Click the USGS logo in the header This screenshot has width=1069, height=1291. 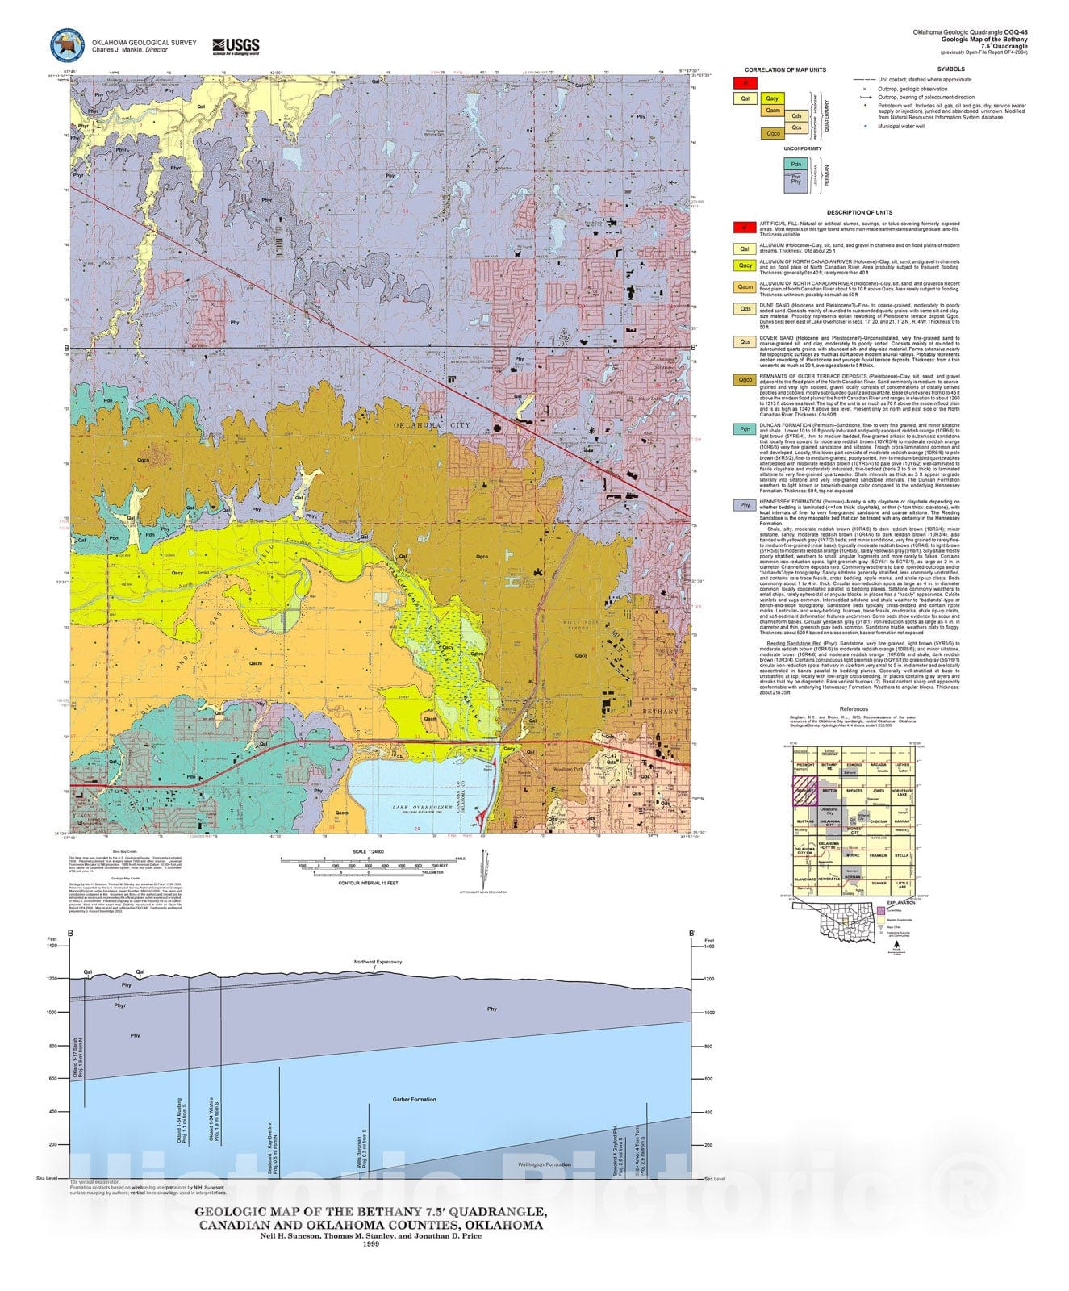pyautogui.click(x=235, y=46)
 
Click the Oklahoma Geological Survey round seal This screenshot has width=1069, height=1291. pyautogui.click(x=67, y=46)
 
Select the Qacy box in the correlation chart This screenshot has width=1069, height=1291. pyautogui.click(x=771, y=98)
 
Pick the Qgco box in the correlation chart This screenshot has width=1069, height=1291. pyautogui.click(x=773, y=133)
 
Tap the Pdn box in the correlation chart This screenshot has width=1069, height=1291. pyautogui.click(x=796, y=164)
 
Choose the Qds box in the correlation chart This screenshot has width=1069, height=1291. pyautogui.click(x=795, y=116)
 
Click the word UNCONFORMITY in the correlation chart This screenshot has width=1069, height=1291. pyautogui.click(x=802, y=148)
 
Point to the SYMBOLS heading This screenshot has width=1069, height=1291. pyautogui.click(x=950, y=69)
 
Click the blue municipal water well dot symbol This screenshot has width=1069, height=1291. pyautogui.click(x=865, y=126)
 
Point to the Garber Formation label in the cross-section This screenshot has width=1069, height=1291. pyautogui.click(x=414, y=1099)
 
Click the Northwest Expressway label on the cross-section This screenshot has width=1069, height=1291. pyautogui.click(x=378, y=962)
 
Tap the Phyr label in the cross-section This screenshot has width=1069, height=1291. pyautogui.click(x=120, y=1005)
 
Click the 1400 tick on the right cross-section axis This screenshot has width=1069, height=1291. pyautogui.click(x=708, y=946)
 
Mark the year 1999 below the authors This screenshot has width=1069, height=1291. pyautogui.click(x=370, y=1243)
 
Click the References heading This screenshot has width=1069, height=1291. pyautogui.click(x=854, y=709)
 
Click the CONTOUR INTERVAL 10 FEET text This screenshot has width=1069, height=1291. pyautogui.click(x=369, y=883)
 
